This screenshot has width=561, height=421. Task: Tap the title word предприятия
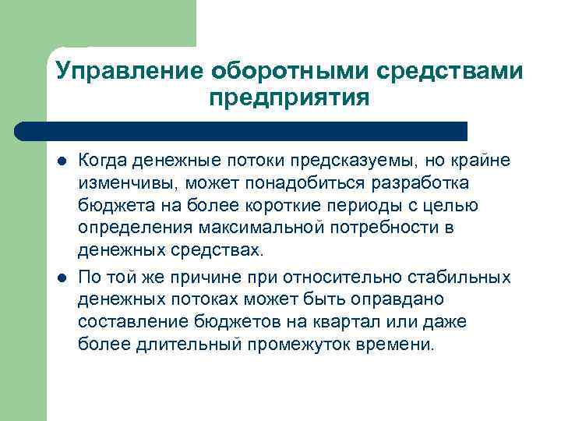pyautogui.click(x=288, y=99)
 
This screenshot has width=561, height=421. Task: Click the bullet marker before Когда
pyautogui.click(x=62, y=161)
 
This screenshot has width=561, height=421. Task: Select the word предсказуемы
pyautogui.click(x=350, y=160)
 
